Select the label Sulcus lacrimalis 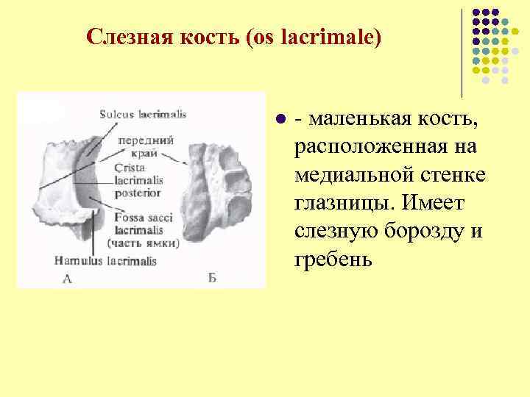144,114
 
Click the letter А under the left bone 68,278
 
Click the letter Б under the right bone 212,278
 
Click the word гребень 329,260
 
